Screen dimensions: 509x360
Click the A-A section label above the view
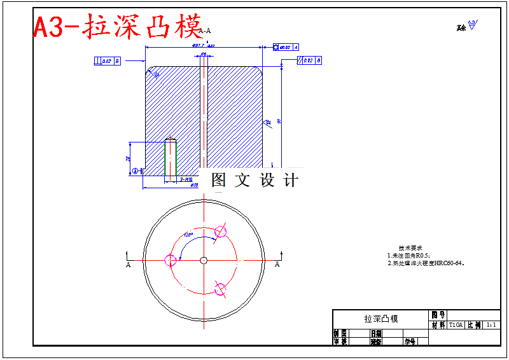click(205, 31)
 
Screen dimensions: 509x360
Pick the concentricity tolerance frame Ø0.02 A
click(286, 47)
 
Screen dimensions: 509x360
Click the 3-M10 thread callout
click(186, 180)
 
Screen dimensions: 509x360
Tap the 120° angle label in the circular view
click(188, 234)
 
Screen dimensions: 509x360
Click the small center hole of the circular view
click(203, 260)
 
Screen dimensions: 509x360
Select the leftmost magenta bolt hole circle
click(171, 260)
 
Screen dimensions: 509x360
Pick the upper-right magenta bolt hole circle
click(221, 232)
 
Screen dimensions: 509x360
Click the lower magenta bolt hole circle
click(220, 289)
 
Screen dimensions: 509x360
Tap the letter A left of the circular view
click(129, 264)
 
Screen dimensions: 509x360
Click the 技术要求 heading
click(410, 247)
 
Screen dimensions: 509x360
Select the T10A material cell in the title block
click(456, 324)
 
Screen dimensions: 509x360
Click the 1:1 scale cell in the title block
click(491, 324)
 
